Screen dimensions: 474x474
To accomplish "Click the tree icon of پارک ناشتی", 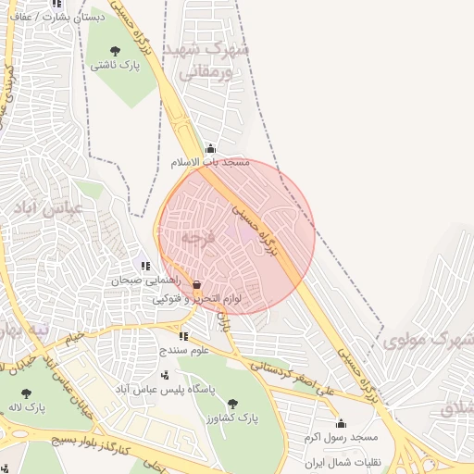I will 115,51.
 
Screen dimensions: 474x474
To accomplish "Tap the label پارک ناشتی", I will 115,67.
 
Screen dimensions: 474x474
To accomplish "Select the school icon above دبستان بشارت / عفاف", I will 58,4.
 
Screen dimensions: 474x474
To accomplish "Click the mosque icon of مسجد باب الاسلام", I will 210,148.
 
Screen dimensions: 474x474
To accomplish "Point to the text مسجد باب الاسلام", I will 210,163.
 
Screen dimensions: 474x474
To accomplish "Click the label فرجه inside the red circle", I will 197,238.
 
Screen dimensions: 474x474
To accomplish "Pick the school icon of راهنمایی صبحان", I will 145,266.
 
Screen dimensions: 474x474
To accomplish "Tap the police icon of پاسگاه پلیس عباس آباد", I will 165,375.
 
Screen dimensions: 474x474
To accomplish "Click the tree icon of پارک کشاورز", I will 231,404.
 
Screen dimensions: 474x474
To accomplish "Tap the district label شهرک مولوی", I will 427,341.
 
